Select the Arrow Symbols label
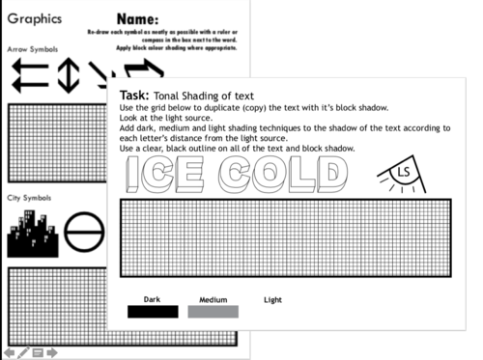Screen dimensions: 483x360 tap(32, 47)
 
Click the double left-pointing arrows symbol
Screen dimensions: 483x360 tap(29, 77)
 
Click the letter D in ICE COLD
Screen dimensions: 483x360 tap(328, 178)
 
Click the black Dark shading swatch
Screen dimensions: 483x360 tap(153, 312)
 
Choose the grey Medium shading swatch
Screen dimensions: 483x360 tap(213, 312)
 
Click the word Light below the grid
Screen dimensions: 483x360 tap(273, 300)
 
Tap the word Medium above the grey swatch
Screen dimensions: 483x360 tap(213, 300)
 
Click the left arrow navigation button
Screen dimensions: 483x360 tap(10, 352)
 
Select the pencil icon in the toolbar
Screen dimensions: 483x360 tap(23, 352)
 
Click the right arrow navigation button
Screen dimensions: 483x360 tap(52, 352)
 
